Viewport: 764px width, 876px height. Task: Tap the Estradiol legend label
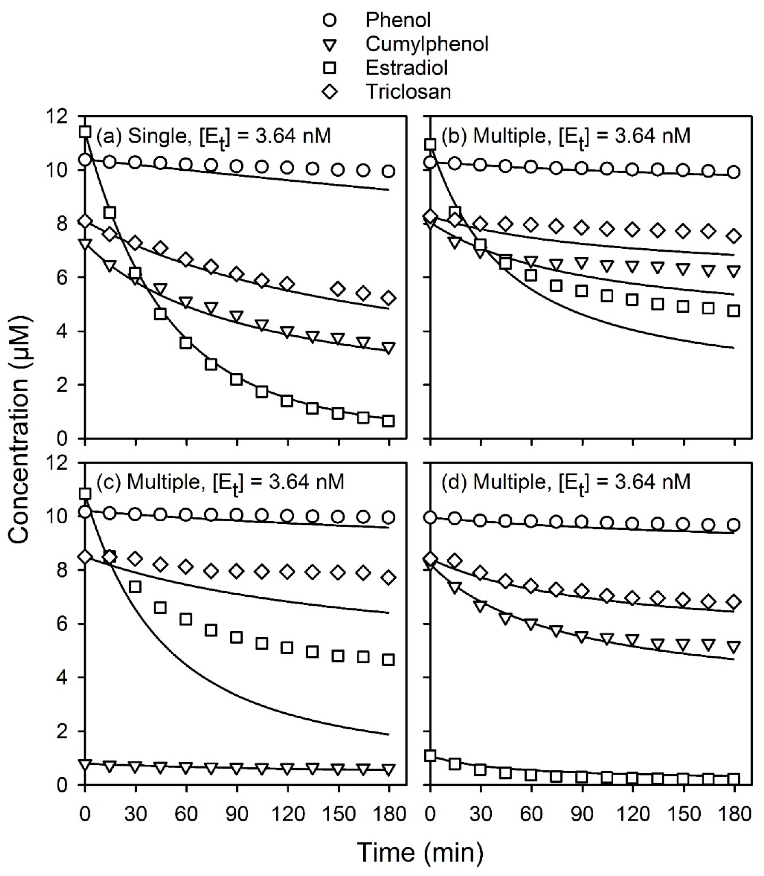[x=407, y=68]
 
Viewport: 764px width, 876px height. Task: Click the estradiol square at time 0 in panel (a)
[x=85, y=132]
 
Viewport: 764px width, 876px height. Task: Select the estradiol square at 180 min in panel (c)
[x=389, y=660]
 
